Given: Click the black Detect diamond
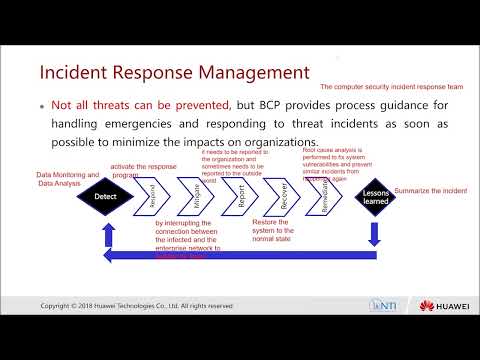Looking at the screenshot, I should (x=106, y=198).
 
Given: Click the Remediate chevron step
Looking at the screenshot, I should (x=326, y=197).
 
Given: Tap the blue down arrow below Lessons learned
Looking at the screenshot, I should (x=376, y=231).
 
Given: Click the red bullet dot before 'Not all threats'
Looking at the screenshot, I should (x=41, y=104).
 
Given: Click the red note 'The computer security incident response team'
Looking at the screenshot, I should (x=381, y=87).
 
